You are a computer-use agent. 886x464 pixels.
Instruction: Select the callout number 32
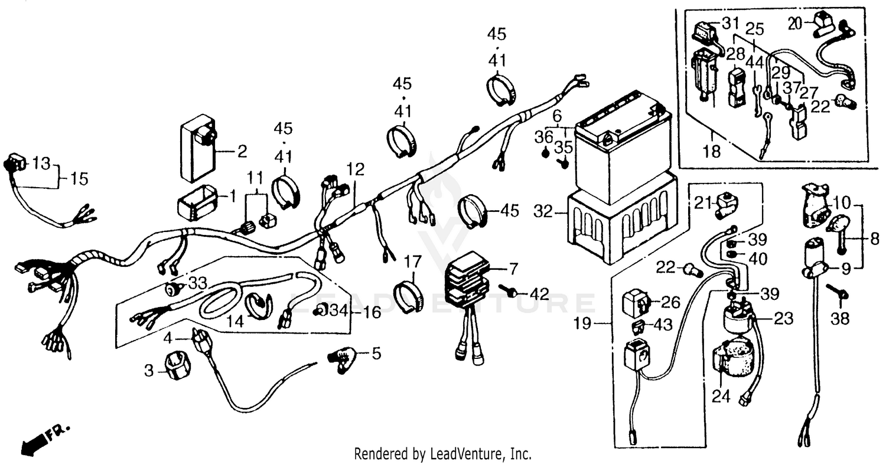tap(543, 210)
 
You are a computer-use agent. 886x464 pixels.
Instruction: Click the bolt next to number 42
tap(509, 290)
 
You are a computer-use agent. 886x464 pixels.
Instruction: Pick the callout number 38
tap(839, 319)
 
